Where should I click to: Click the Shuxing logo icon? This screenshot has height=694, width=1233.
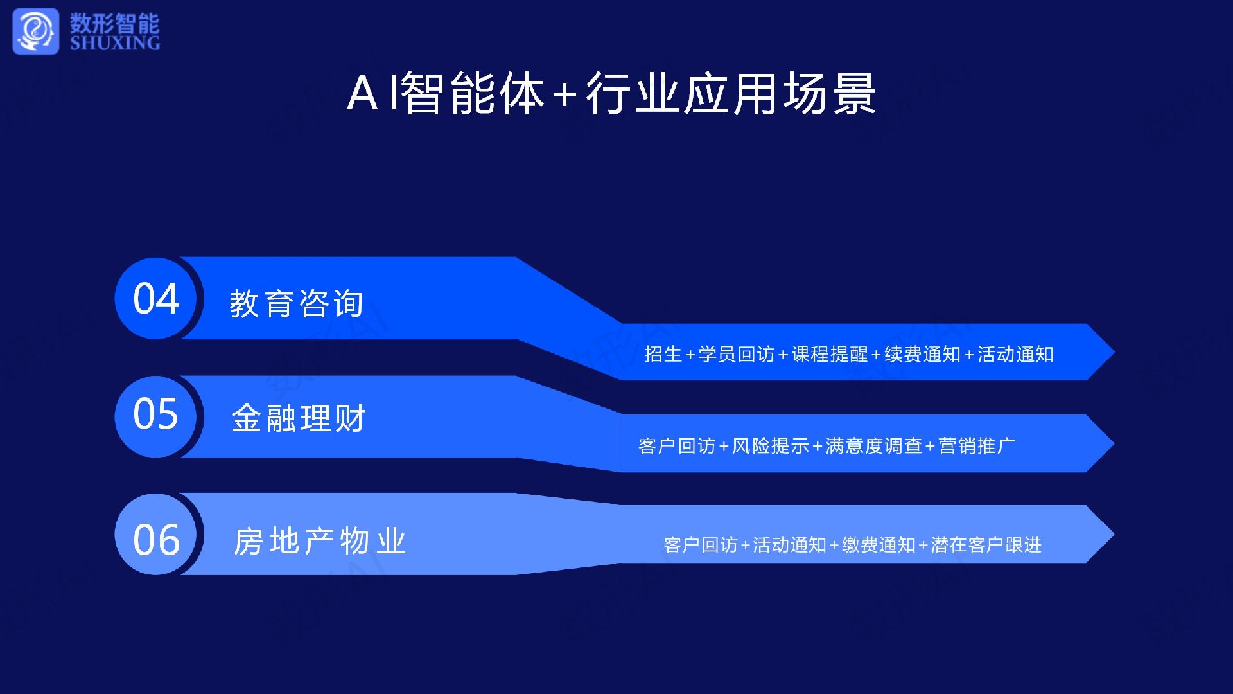point(36,31)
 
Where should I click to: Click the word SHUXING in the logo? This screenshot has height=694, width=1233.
point(115,43)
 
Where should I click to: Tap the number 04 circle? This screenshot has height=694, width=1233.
point(156,298)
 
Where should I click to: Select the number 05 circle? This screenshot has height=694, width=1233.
point(156,416)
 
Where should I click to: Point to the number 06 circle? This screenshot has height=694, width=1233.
point(156,534)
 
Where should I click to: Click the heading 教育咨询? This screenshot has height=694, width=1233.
point(297,303)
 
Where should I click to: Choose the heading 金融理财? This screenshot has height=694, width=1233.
point(299,418)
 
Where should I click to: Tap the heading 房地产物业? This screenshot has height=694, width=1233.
point(320,541)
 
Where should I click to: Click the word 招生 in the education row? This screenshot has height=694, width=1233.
point(663,354)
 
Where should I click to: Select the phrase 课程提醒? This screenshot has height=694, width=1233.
point(830,354)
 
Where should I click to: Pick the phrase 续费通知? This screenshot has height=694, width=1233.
point(923,354)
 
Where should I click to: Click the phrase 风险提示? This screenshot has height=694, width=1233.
point(771,445)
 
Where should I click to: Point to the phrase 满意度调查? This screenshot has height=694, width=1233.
point(873,445)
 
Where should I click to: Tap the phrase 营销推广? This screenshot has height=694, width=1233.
point(977,445)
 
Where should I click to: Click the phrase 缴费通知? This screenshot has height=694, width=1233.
point(879,545)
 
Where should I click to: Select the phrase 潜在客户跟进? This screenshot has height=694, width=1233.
point(986,545)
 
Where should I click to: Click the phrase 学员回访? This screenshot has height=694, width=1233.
point(737,354)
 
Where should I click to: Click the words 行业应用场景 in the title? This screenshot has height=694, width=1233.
point(731,94)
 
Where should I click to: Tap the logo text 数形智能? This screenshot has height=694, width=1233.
point(115,23)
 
